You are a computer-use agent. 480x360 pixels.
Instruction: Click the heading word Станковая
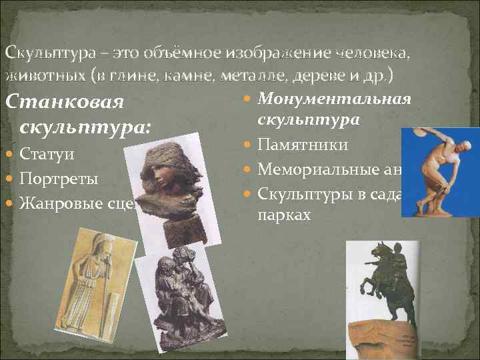tap(64, 104)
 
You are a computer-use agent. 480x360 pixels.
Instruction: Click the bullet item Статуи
tap(46, 155)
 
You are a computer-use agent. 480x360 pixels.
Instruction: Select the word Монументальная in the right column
tap(334, 99)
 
